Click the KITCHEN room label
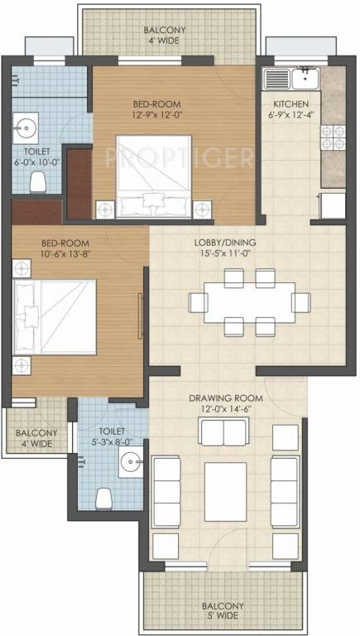pyautogui.click(x=290, y=104)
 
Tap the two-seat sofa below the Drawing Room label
pyautogui.click(x=223, y=431)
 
